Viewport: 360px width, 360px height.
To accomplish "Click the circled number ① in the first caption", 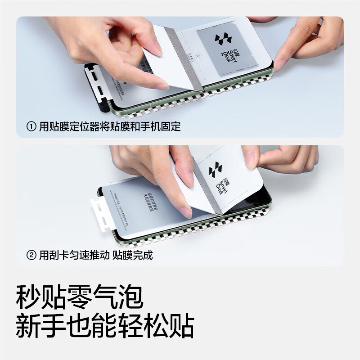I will tap(31, 126).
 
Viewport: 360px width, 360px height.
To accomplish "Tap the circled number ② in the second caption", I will tap(31, 255).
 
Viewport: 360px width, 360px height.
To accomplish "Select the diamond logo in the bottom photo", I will tap(216, 170).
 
